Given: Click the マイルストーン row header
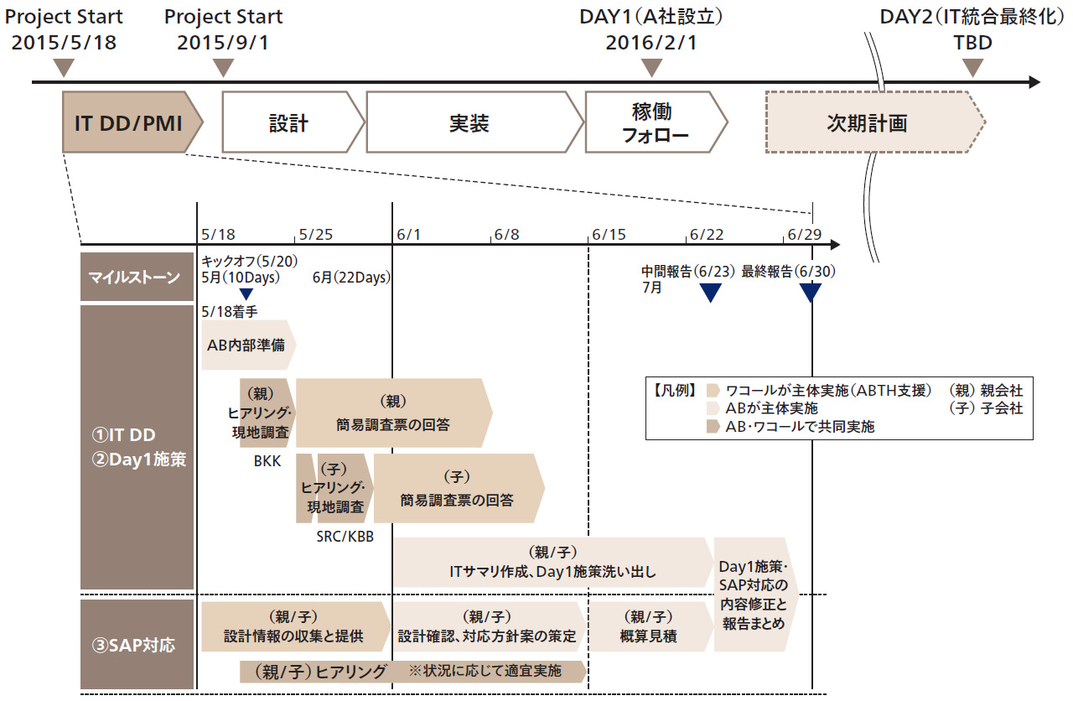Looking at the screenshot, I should point(137,276).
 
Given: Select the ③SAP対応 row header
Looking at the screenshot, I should point(137,646).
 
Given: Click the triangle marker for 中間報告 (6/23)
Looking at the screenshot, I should point(710,293).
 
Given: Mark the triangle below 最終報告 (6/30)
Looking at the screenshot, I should point(811,293).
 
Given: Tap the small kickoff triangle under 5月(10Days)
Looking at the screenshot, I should point(246,293).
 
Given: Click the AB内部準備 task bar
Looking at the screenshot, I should point(246,344).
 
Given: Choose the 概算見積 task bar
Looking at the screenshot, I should point(648,626).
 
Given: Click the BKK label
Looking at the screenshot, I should point(265,460).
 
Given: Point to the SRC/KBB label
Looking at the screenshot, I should point(345,536).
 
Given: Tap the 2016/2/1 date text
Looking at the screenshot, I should point(651,42).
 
